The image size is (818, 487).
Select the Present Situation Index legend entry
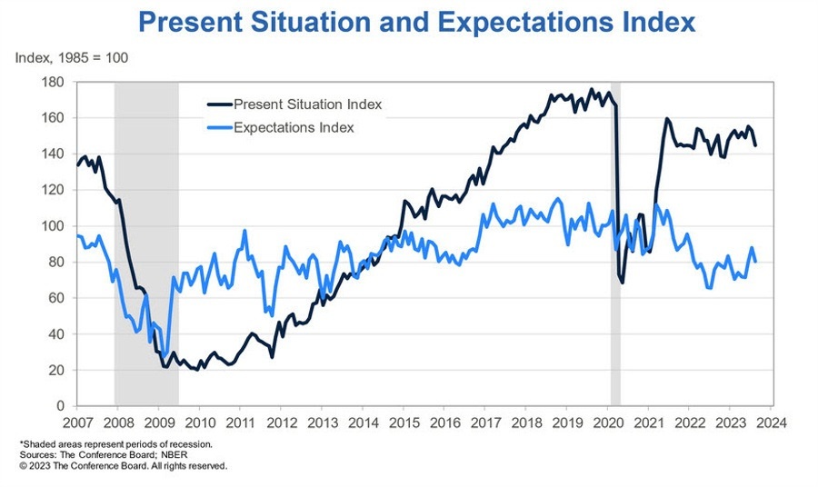tap(307, 104)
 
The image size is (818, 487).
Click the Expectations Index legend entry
tap(293, 127)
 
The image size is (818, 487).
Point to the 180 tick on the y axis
tap(54, 82)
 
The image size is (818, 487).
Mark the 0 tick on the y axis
tap(61, 406)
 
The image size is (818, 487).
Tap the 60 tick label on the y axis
tap(57, 298)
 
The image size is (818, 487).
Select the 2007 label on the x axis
tap(76, 422)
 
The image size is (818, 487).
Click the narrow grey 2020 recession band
tap(615, 273)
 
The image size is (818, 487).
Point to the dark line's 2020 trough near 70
tap(623, 282)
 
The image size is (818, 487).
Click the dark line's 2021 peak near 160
tap(666, 119)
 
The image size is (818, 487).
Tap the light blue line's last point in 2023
tap(755, 262)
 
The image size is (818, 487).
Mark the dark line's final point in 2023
tap(755, 145)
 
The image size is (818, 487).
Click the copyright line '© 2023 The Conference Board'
tap(123, 465)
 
